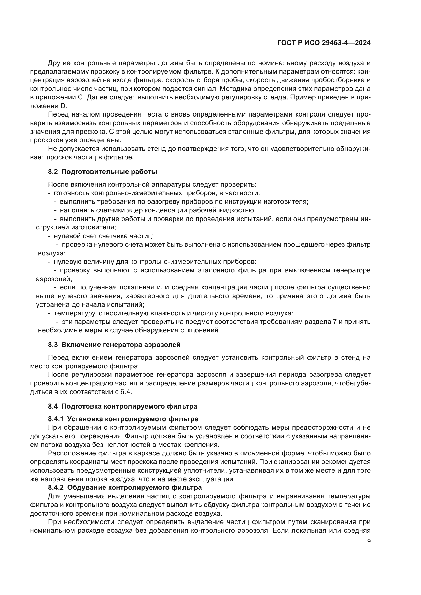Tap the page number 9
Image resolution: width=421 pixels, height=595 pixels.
click(x=369, y=541)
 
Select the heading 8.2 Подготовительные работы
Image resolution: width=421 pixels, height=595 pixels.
click(x=102, y=172)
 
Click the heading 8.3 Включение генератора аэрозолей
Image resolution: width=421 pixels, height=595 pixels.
click(x=114, y=345)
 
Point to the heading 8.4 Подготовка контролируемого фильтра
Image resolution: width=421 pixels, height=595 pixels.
click(x=122, y=406)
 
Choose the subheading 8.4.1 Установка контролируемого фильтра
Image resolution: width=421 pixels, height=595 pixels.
click(x=123, y=419)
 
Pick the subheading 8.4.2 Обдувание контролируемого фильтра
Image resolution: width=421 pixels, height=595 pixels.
click(x=125, y=487)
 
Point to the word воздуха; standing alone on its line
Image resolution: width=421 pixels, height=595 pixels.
click(x=52, y=253)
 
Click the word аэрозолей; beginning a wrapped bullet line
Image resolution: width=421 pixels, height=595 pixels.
click(x=54, y=279)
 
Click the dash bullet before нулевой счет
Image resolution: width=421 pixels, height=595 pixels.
click(x=49, y=236)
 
